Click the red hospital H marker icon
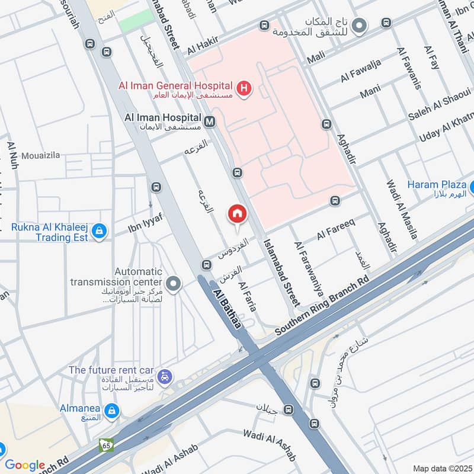pyautogui.click(x=243, y=89)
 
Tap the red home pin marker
pyautogui.click(x=237, y=214)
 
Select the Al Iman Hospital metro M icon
pyautogui.click(x=209, y=123)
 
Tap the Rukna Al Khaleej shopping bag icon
pyautogui.click(x=99, y=232)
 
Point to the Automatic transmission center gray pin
pyautogui.click(x=174, y=284)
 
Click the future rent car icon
pyautogui.click(x=166, y=376)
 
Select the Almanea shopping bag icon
pyautogui.click(x=111, y=410)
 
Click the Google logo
pyautogui.click(x=25, y=465)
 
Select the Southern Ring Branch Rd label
pyautogui.click(x=323, y=307)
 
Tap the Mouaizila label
pyautogui.click(x=41, y=156)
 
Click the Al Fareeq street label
pyautogui.click(x=335, y=230)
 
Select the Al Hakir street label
pyautogui.click(x=203, y=43)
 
